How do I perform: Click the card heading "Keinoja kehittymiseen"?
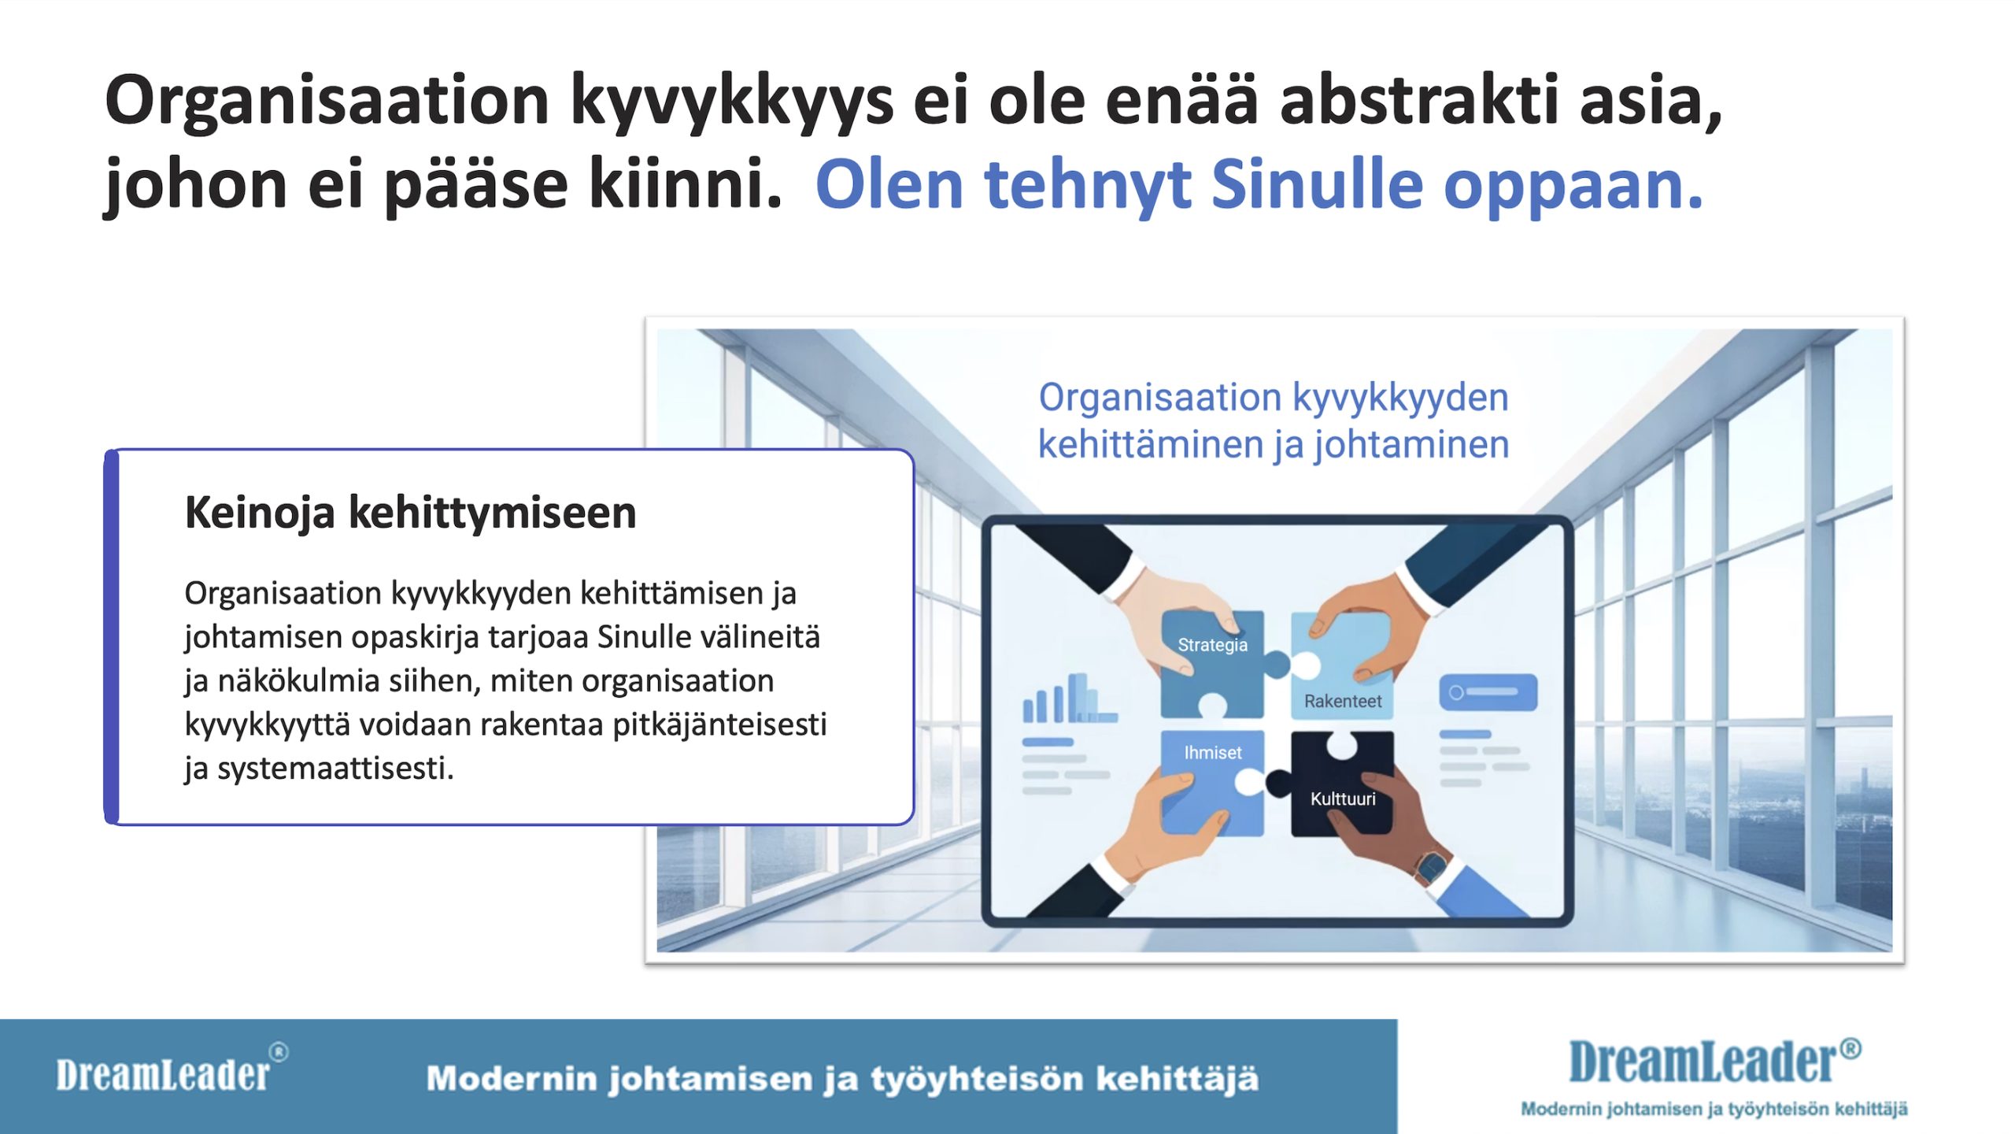pos(410,513)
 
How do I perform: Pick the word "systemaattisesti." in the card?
pos(336,769)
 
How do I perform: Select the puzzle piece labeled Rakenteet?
pos(1342,666)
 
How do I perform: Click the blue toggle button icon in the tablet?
pos(1488,692)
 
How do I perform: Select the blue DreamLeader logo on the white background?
pos(1715,1062)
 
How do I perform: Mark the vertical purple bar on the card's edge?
pos(112,637)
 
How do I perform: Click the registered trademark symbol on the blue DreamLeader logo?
pos(1850,1048)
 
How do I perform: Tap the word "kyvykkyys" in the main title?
pos(731,103)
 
